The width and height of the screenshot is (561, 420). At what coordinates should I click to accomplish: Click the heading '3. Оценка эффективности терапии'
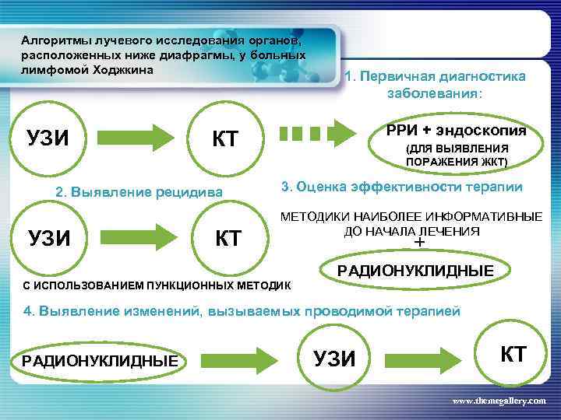pyautogui.click(x=402, y=187)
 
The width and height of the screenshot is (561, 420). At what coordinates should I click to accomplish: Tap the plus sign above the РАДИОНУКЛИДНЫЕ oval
pyautogui.click(x=421, y=243)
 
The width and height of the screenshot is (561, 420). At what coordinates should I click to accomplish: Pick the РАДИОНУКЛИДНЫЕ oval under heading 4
pyautogui.click(x=100, y=360)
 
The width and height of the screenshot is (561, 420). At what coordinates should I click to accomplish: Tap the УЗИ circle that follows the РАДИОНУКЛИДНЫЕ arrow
pyautogui.click(x=333, y=359)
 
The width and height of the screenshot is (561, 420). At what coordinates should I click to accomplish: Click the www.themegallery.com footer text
pyautogui.click(x=499, y=400)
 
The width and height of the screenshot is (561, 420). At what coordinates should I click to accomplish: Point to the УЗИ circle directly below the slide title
pyautogui.click(x=49, y=138)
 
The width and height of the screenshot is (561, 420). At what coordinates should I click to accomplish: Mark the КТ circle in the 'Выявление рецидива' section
pyautogui.click(x=228, y=237)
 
